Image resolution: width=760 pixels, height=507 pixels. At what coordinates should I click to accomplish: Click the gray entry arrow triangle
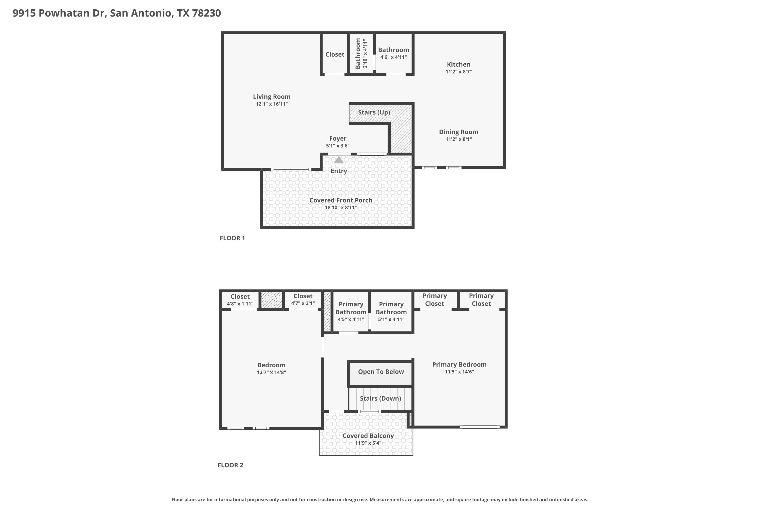point(339,160)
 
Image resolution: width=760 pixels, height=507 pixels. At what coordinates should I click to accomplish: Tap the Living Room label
point(272,97)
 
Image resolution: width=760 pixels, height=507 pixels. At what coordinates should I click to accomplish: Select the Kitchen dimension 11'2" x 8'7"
point(459,72)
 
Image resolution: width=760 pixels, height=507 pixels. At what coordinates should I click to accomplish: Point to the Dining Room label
point(459,132)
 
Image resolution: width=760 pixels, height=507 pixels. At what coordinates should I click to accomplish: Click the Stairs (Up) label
point(374,112)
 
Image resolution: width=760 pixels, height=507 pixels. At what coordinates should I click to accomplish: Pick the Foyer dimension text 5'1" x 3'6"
point(338,146)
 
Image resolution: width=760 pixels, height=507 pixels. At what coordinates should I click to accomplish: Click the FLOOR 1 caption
point(232,238)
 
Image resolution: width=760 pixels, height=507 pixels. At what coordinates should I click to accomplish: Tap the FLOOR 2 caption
point(230,465)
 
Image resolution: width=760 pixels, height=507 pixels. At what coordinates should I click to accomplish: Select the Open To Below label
point(381,372)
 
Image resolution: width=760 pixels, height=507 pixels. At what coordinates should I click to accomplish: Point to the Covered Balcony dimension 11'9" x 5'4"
point(368,443)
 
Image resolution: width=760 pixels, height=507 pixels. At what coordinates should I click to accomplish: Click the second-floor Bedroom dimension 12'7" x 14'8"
point(271,372)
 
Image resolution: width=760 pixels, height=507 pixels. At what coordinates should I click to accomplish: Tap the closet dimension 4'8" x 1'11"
point(240,304)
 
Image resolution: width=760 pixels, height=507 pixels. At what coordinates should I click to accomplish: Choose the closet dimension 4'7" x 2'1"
point(303,303)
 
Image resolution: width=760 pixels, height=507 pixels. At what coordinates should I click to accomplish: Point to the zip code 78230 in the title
point(206,13)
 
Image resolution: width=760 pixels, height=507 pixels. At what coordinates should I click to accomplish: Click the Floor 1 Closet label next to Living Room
point(335,54)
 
